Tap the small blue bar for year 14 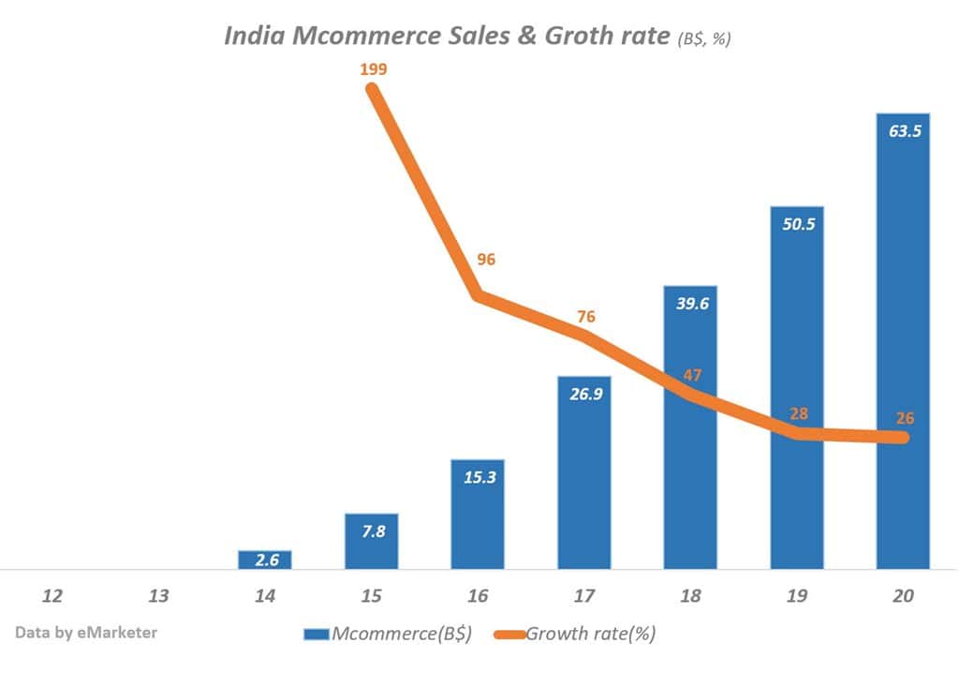[x=265, y=560]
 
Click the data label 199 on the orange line [x=373, y=68]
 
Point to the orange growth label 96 [x=486, y=260]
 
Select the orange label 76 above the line [x=586, y=317]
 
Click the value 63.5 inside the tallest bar [x=904, y=131]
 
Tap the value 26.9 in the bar [x=584, y=394]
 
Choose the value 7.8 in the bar [x=371, y=531]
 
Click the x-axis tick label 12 [x=52, y=596]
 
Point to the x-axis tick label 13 [x=158, y=596]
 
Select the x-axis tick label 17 [x=583, y=596]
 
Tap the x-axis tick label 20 [x=903, y=596]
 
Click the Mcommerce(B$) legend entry [x=388, y=634]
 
